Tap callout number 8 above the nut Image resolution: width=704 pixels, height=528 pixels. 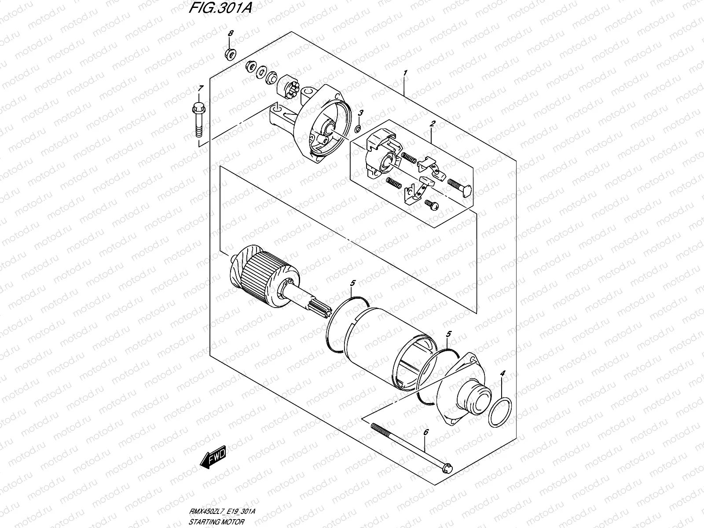tap(230, 34)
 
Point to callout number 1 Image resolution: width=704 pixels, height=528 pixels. tap(405, 72)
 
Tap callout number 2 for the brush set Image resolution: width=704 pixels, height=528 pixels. tap(432, 125)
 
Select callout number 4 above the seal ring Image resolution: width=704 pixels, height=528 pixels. tap(502, 374)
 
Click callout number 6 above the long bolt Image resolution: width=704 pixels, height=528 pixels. tap(425, 433)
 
